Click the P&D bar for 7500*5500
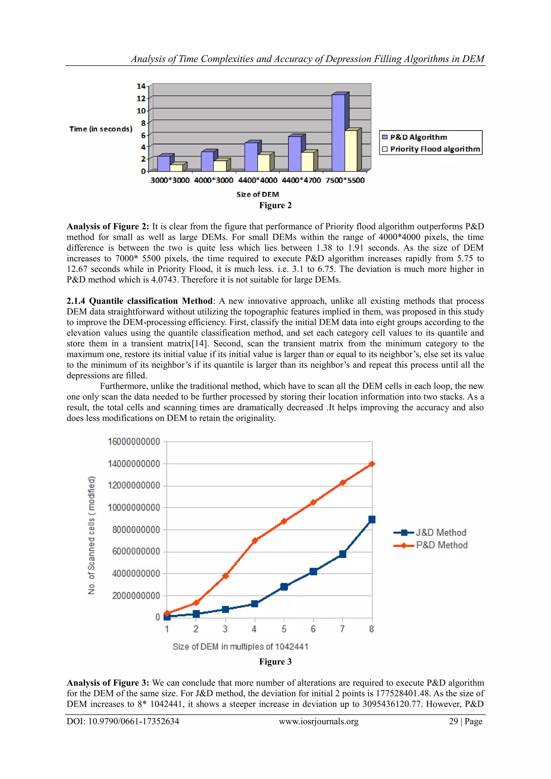[x=338, y=133]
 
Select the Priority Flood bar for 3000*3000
[x=176, y=168]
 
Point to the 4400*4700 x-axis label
[x=301, y=181]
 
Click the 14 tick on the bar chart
[x=141, y=86]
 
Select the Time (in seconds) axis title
[x=101, y=129]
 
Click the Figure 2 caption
[x=275, y=206]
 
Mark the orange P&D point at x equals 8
[x=372, y=464]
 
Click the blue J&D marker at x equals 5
[x=284, y=587]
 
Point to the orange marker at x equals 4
[x=255, y=541]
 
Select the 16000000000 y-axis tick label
[x=134, y=442]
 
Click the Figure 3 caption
[x=275, y=662]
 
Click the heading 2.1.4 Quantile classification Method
[x=139, y=301]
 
